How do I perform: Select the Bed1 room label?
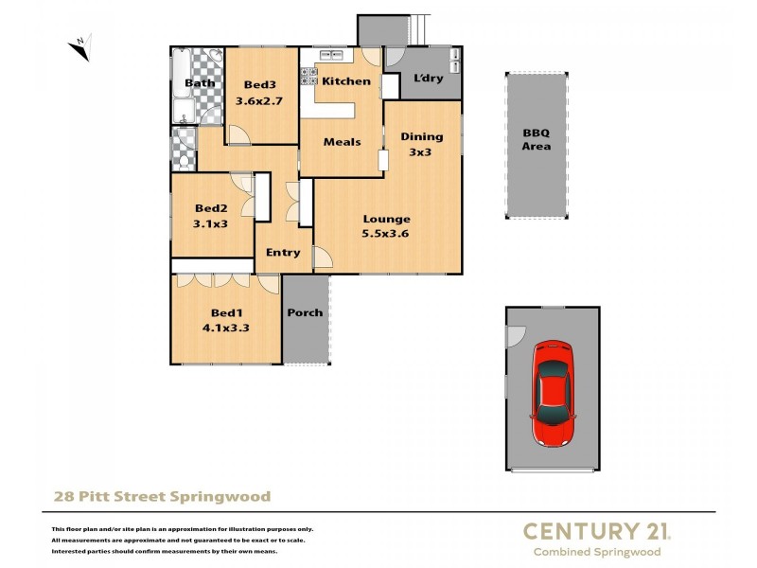(226, 312)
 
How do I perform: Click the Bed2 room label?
(211, 208)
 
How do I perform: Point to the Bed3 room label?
(259, 83)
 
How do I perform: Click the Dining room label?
(421, 136)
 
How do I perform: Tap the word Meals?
(342, 142)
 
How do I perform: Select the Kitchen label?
(346, 81)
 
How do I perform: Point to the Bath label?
(200, 83)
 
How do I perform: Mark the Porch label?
(305, 312)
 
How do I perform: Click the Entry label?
(283, 253)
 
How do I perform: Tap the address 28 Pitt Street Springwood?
(160, 496)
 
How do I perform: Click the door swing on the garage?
(516, 336)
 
